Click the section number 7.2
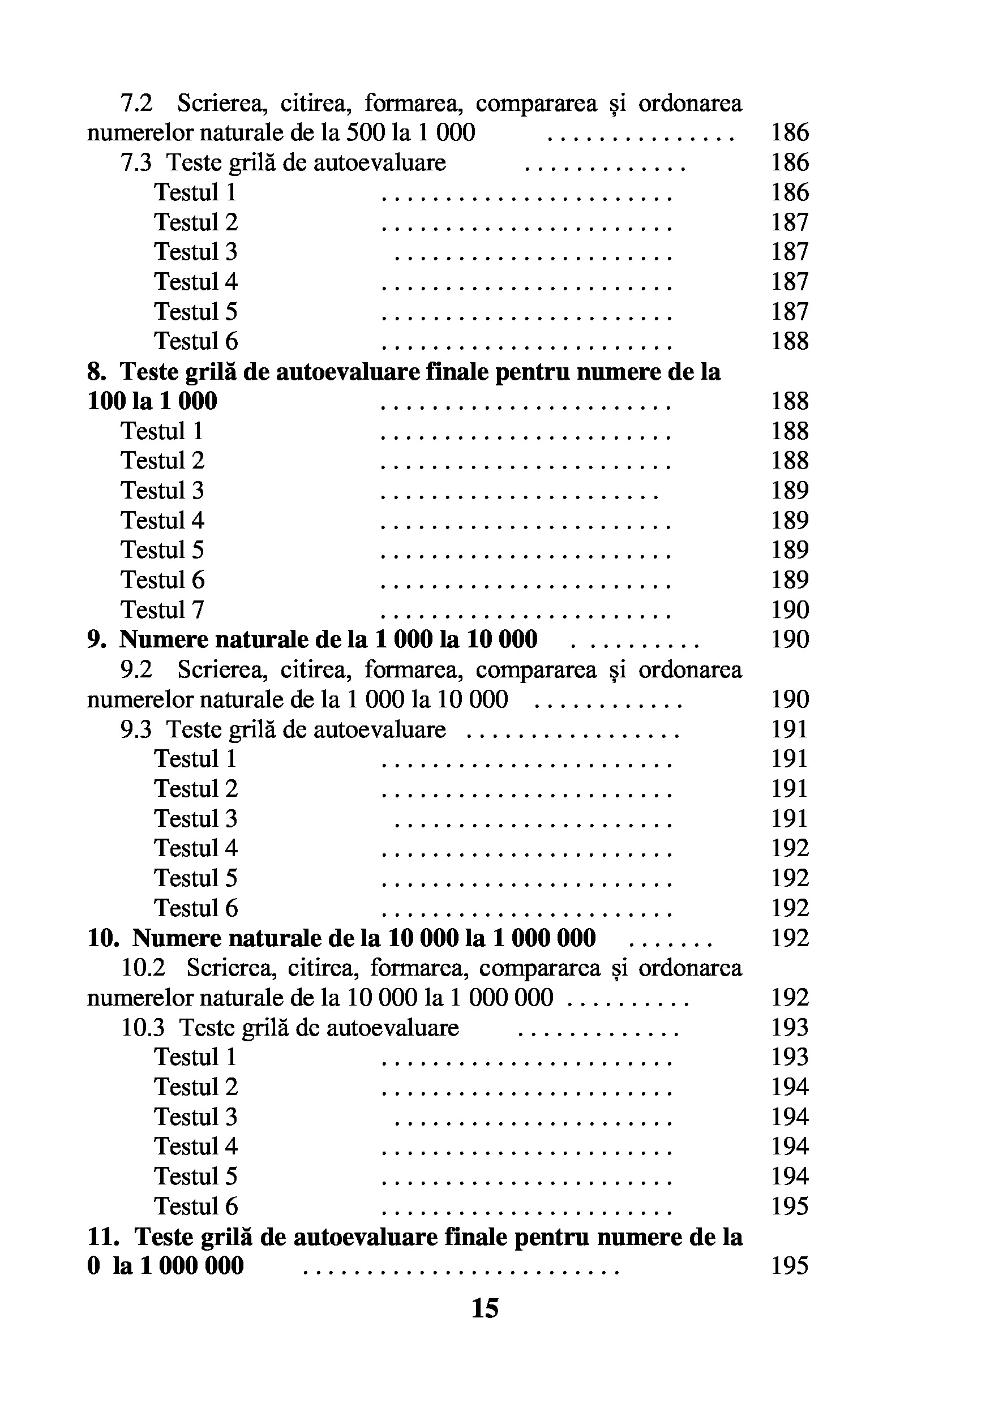click(x=136, y=104)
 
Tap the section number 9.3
click(x=136, y=729)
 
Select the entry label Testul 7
click(x=162, y=609)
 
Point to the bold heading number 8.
click(x=97, y=372)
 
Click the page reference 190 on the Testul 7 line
click(x=790, y=609)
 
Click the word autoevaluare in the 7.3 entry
click(x=365, y=162)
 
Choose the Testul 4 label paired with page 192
click(x=196, y=848)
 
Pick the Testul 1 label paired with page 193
click(x=195, y=1057)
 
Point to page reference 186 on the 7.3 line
click(x=790, y=162)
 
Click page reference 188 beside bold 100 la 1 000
click(x=790, y=401)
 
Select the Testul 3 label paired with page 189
click(x=162, y=491)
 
